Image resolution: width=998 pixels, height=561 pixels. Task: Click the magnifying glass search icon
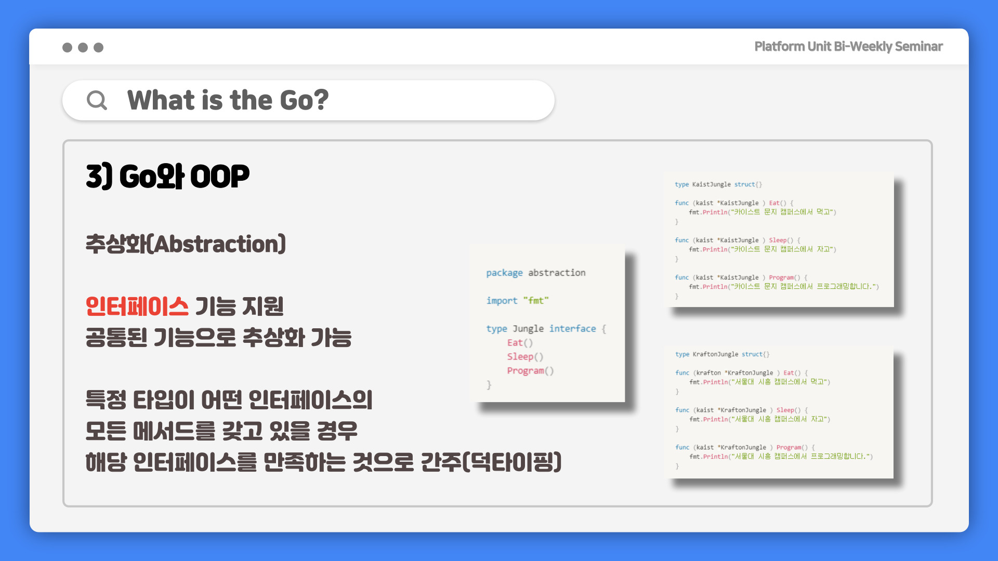[97, 100]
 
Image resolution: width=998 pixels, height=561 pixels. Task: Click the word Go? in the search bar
[304, 100]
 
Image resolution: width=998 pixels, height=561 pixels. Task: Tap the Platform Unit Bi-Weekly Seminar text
[848, 46]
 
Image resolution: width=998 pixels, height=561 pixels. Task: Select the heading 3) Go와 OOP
[167, 176]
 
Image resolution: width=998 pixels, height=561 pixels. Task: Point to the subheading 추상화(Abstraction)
[186, 244]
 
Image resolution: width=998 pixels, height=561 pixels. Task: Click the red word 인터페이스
[137, 306]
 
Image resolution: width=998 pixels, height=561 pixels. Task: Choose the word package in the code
[504, 273]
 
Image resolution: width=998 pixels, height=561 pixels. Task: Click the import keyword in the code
[502, 301]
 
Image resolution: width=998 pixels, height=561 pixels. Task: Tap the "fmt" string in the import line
[536, 300]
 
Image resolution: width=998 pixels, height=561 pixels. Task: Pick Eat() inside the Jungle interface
[520, 343]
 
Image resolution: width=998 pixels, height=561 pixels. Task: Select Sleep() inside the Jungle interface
[525, 357]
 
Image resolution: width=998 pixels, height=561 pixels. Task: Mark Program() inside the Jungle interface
[530, 371]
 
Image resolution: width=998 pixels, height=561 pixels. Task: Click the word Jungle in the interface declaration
[528, 329]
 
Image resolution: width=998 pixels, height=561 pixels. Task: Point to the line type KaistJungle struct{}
[718, 184]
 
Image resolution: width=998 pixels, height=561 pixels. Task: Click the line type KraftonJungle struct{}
[723, 354]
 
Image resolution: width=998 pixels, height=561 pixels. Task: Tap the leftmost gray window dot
[67, 47]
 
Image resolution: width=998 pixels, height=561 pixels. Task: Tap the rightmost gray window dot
[98, 47]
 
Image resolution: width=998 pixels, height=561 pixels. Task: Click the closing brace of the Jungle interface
[489, 385]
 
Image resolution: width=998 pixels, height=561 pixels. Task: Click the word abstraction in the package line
[557, 273]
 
